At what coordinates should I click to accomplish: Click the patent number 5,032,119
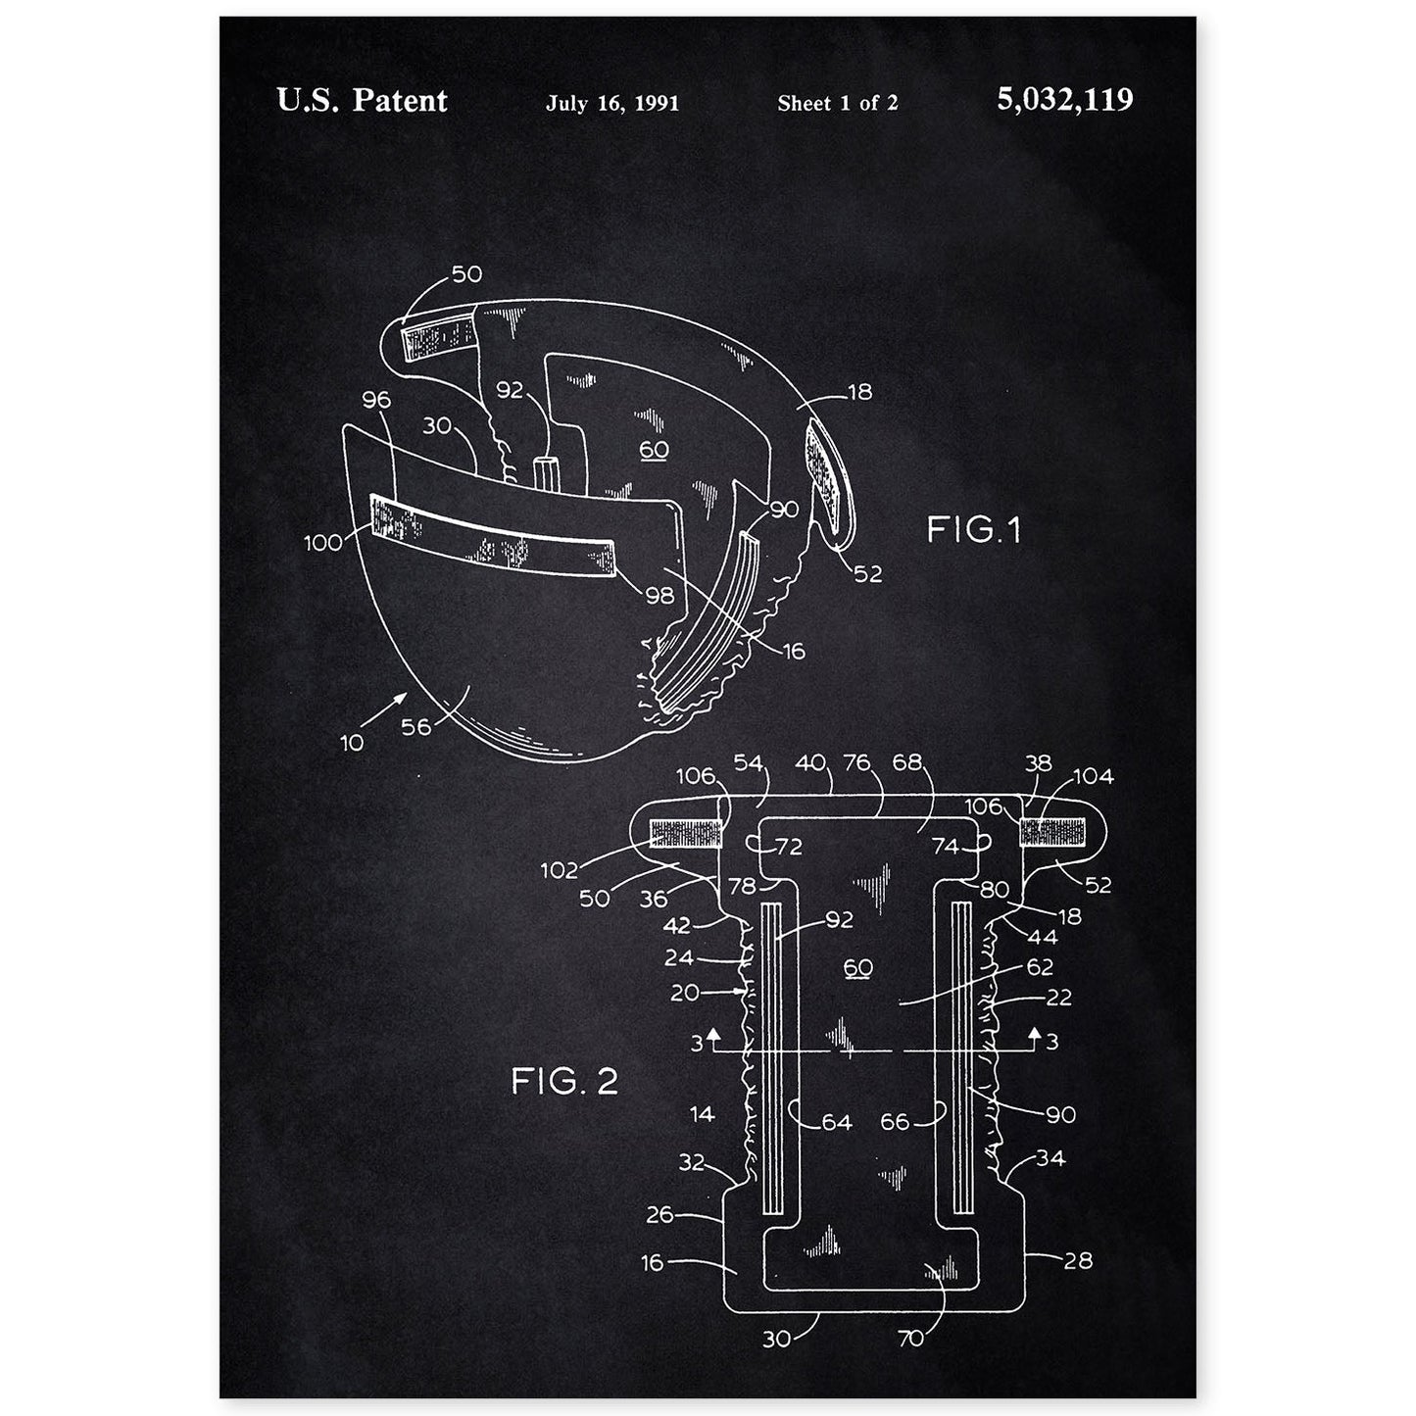click(1064, 100)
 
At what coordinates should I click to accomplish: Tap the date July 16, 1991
click(612, 103)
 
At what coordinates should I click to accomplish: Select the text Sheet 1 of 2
click(837, 103)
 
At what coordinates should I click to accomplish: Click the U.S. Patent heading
click(362, 100)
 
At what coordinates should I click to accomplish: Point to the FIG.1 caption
click(973, 530)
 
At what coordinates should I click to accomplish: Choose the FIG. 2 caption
click(564, 1082)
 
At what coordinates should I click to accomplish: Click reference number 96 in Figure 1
click(375, 399)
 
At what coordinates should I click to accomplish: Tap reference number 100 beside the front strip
click(323, 541)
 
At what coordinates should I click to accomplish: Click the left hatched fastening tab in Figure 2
click(685, 833)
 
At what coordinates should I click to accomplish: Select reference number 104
click(1093, 777)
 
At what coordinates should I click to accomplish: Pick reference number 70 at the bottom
click(910, 1338)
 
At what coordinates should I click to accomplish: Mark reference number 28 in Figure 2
click(1077, 1260)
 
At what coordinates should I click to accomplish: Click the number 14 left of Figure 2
click(702, 1113)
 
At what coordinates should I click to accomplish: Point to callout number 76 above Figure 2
click(857, 763)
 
